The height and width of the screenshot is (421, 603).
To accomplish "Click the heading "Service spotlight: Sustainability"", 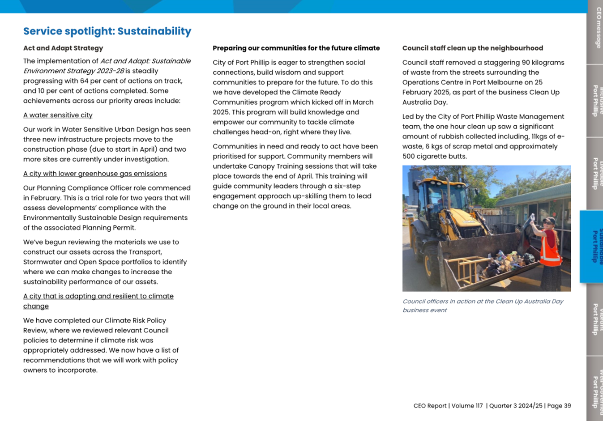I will tap(107, 31).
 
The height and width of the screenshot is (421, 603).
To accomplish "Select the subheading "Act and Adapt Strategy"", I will tap(63, 48).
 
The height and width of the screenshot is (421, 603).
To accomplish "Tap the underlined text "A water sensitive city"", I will tap(58, 115).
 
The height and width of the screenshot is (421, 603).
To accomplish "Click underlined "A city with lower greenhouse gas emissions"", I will tap(95, 174).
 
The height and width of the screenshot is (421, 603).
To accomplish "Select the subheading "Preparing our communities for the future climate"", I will tap(296, 48).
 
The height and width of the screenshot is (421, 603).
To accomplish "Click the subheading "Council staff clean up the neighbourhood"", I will tap(472, 48).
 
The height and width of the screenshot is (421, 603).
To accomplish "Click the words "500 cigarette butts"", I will tap(434, 157).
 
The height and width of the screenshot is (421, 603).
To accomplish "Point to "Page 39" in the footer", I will tap(559, 406).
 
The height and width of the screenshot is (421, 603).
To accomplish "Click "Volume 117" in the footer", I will tap(467, 406).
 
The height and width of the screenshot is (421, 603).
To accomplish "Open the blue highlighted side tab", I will tap(592, 247).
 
